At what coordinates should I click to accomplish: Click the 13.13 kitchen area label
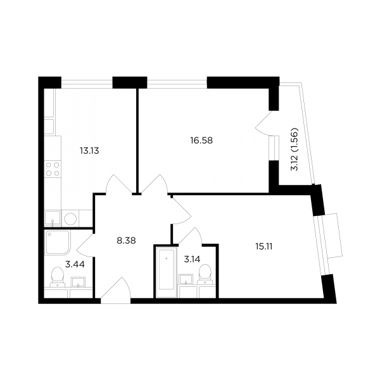pyautogui.click(x=89, y=151)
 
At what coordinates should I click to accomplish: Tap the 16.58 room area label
pyautogui.click(x=201, y=141)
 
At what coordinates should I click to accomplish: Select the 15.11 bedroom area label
pyautogui.click(x=263, y=246)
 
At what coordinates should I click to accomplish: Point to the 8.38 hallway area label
pyautogui.click(x=126, y=241)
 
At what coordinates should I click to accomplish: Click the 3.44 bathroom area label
pyautogui.click(x=75, y=264)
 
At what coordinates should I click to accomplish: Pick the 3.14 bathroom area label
pyautogui.click(x=192, y=259)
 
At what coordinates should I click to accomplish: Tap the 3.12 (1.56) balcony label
pyautogui.click(x=294, y=149)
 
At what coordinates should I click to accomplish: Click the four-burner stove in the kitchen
pyautogui.click(x=53, y=169)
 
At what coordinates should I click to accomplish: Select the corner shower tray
pyautogui.click(x=58, y=243)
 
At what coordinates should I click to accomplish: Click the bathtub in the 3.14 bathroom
pyautogui.click(x=166, y=272)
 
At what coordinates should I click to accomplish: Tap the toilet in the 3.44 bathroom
pyautogui.click(x=58, y=277)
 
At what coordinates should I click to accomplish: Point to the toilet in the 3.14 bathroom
pyautogui.click(x=205, y=274)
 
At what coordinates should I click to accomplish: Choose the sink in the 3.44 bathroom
pyautogui.click(x=78, y=282)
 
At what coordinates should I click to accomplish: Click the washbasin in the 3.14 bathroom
pyautogui.click(x=186, y=279)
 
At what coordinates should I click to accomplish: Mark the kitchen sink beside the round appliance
pyautogui.click(x=53, y=218)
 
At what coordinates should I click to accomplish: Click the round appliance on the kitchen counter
pyautogui.click(x=70, y=219)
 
